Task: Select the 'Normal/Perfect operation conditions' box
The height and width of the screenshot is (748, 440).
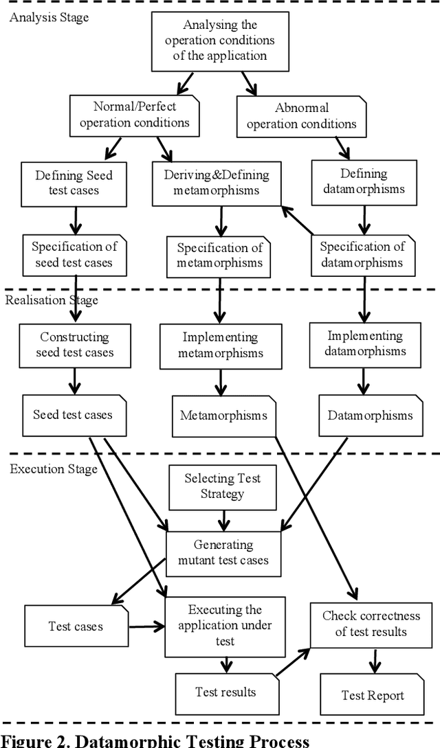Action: [134, 115]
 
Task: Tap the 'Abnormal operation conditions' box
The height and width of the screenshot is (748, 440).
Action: [302, 115]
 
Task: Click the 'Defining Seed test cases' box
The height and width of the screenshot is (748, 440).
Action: [74, 183]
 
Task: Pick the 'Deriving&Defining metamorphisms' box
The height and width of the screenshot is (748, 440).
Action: [217, 183]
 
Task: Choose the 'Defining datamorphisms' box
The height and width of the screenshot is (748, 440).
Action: [364, 182]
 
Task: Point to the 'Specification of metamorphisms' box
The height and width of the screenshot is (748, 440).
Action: [220, 256]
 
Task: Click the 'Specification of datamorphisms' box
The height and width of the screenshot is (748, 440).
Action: [362, 255]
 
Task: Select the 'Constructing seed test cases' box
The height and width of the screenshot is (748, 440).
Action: [74, 345]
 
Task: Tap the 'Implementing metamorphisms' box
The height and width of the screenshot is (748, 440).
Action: [220, 345]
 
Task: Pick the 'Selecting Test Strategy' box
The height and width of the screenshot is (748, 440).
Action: [222, 486]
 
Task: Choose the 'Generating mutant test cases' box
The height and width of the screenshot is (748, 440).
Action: [223, 552]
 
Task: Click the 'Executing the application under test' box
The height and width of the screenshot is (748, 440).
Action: [225, 625]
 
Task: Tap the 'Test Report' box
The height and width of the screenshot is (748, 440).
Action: [373, 695]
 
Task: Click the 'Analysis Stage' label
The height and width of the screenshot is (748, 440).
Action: [49, 17]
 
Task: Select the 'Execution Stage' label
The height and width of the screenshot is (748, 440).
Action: [53, 469]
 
